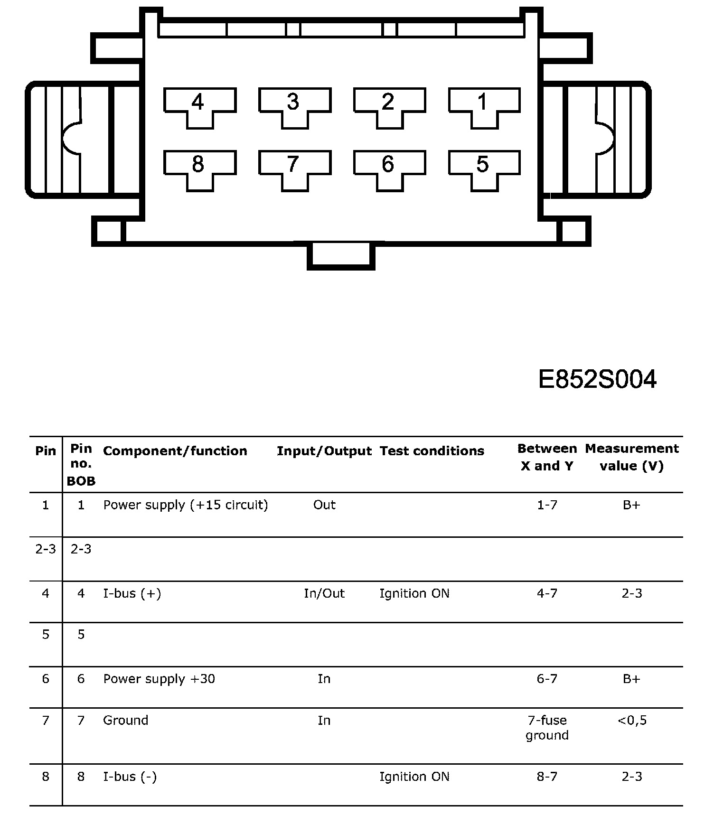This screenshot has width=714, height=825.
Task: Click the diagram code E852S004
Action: pyautogui.click(x=597, y=379)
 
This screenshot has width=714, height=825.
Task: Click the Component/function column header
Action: pyautogui.click(x=175, y=451)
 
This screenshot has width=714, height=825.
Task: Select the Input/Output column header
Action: pyautogui.click(x=324, y=451)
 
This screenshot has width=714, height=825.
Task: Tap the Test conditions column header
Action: pyautogui.click(x=432, y=451)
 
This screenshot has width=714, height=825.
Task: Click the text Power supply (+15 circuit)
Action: pyautogui.click(x=186, y=505)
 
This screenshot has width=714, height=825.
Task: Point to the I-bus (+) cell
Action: pyautogui.click(x=132, y=594)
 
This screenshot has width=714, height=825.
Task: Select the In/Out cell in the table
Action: pyautogui.click(x=324, y=593)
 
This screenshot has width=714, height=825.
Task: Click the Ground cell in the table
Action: pyautogui.click(x=125, y=721)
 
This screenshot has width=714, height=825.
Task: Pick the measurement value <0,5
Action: pyautogui.click(x=632, y=721)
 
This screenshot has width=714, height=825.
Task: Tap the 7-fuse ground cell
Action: pyautogui.click(x=547, y=728)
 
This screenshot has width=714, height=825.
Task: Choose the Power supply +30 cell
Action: pyautogui.click(x=159, y=679)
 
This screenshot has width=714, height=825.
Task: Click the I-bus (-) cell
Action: pyautogui.click(x=130, y=777)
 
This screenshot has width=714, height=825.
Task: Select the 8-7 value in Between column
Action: pyautogui.click(x=547, y=777)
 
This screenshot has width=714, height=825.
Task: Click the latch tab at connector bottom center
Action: pyautogui.click(x=341, y=257)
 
